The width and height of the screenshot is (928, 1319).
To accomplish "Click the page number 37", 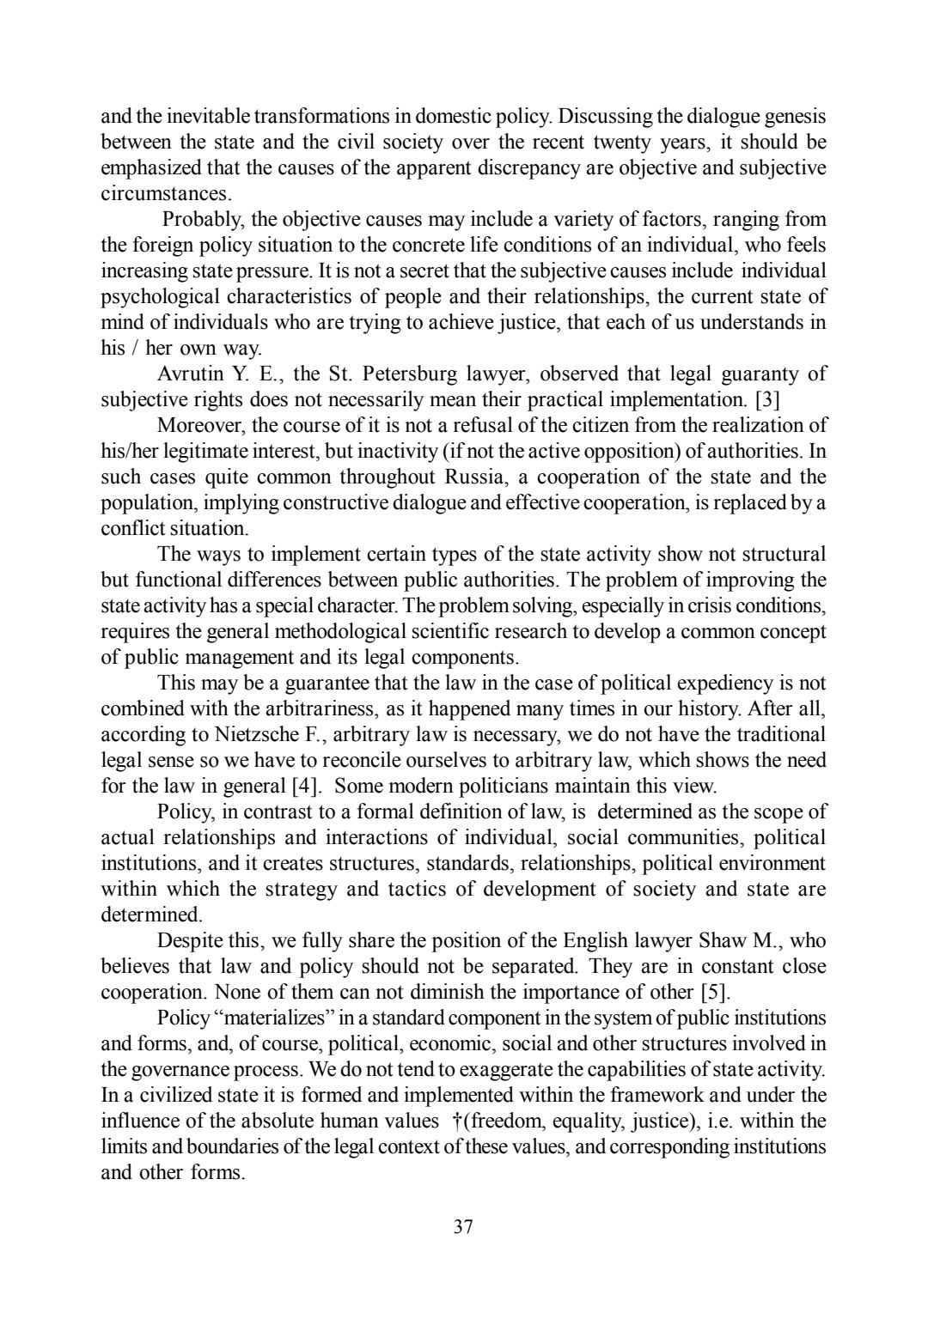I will pos(463,1226).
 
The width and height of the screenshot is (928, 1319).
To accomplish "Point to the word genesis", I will pos(794,116).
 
